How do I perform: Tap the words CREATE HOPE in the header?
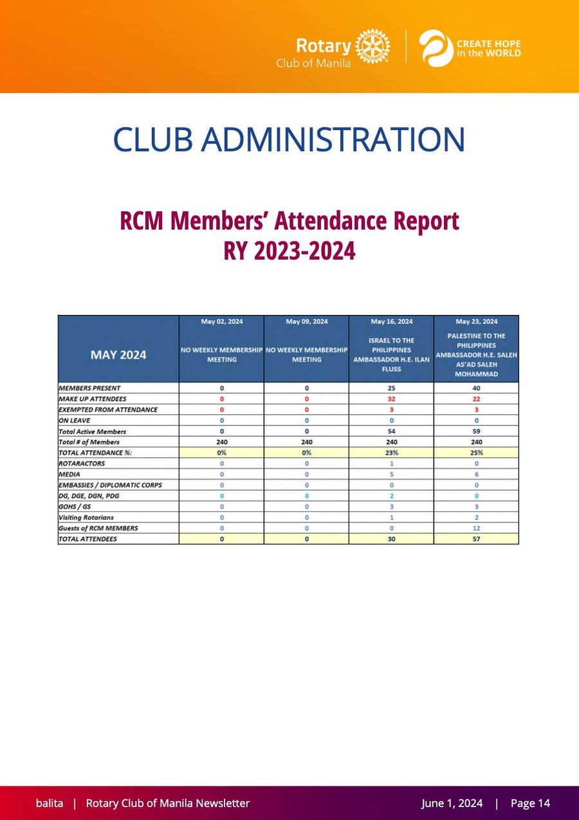(x=488, y=44)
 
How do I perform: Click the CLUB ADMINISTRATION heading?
(x=289, y=139)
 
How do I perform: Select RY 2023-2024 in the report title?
(x=289, y=251)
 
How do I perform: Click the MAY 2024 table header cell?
(x=118, y=355)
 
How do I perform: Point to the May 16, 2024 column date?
(x=392, y=321)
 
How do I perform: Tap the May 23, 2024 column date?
(x=476, y=321)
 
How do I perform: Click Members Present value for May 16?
(x=392, y=388)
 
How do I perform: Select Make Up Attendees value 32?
(x=392, y=399)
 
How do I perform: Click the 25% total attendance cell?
(x=476, y=452)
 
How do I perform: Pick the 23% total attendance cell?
(x=392, y=452)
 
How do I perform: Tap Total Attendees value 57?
(x=476, y=539)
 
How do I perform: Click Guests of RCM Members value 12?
(x=476, y=528)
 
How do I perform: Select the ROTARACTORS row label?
(x=82, y=463)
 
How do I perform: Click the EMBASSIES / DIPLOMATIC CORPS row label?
(x=110, y=485)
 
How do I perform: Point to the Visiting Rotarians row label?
(x=86, y=517)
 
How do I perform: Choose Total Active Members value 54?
(x=392, y=431)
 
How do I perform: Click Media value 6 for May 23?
(x=476, y=474)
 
